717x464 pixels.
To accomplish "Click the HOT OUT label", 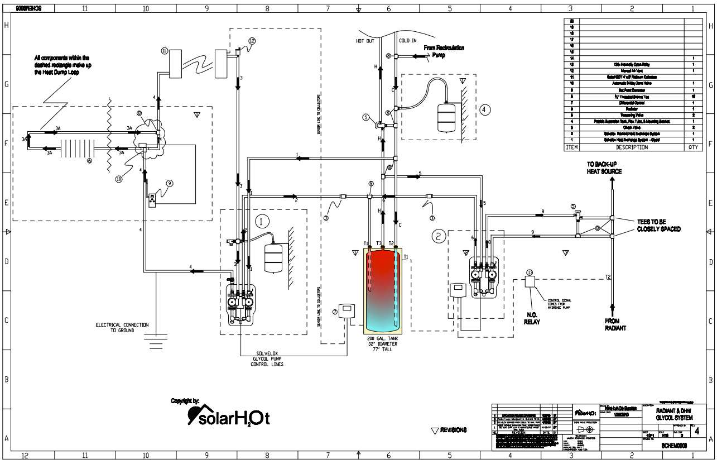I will (x=366, y=41).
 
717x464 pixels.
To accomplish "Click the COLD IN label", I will (x=407, y=41).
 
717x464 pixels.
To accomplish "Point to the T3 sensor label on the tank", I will (x=379, y=243).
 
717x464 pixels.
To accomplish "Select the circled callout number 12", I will (x=252, y=41).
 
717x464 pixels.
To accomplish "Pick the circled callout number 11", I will (x=165, y=50).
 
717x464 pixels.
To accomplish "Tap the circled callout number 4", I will (x=485, y=109).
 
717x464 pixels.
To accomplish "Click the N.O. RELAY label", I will (x=532, y=318).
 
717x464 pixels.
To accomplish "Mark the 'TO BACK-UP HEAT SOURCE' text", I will (x=604, y=168).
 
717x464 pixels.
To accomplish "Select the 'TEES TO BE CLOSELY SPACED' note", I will (x=658, y=225).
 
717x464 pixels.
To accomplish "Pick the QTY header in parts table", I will (x=692, y=147).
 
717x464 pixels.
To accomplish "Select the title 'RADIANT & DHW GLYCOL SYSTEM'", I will (x=675, y=414).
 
